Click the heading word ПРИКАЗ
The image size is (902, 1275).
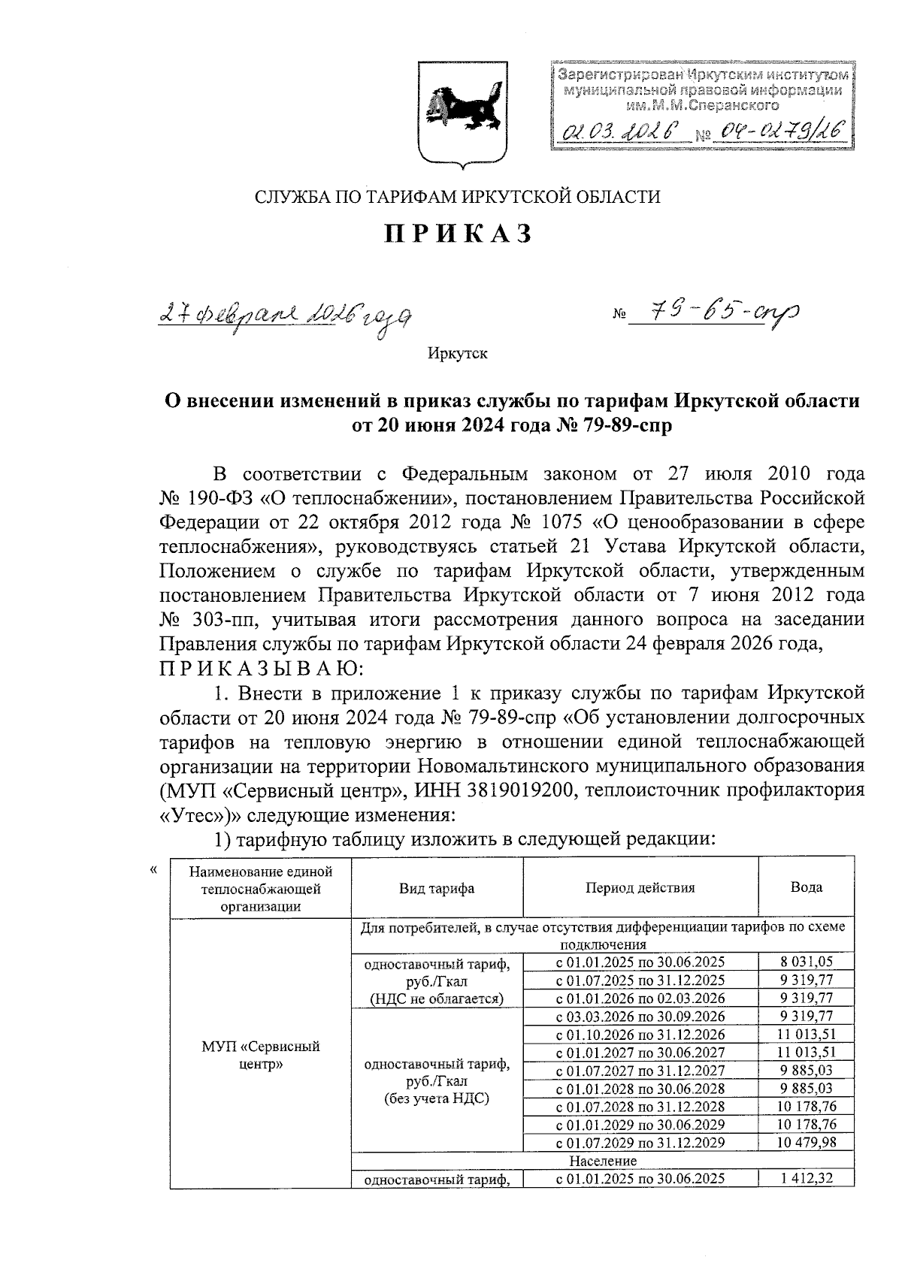pyautogui.click(x=459, y=234)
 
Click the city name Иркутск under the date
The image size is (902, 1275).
pyautogui.click(x=458, y=353)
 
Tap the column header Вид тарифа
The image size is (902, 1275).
pyautogui.click(x=437, y=887)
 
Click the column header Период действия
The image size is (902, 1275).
pyautogui.click(x=640, y=887)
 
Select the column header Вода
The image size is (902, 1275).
pyautogui.click(x=807, y=887)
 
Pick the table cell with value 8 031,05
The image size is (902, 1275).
pyautogui.click(x=807, y=961)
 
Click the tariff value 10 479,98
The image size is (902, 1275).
pyautogui.click(x=807, y=1143)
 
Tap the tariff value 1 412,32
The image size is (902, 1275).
pyautogui.click(x=807, y=1179)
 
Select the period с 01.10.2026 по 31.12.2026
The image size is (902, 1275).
pyautogui.click(x=640, y=1034)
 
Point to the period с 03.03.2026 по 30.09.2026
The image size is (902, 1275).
pyautogui.click(x=640, y=1016)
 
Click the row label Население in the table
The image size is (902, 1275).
pyautogui.click(x=603, y=1161)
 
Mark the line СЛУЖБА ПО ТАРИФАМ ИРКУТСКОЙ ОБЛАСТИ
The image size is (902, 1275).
pyautogui.click(x=458, y=198)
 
